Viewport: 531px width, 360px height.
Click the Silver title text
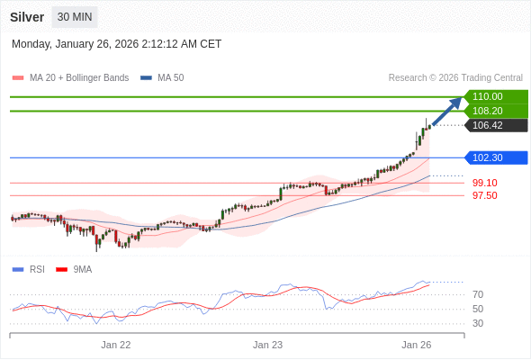(x=27, y=17)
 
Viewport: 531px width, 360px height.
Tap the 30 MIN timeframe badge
(x=75, y=17)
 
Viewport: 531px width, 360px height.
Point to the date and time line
(x=116, y=44)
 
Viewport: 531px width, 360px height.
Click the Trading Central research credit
(x=455, y=77)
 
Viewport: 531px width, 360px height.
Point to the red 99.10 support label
(x=484, y=183)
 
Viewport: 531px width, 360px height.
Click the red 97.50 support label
(x=484, y=195)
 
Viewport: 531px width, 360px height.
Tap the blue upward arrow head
(x=456, y=102)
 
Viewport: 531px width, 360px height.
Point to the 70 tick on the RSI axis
(x=478, y=294)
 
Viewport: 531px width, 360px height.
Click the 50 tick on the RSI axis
(x=478, y=309)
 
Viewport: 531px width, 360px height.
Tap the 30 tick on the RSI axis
(x=478, y=323)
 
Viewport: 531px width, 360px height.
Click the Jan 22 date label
(x=116, y=345)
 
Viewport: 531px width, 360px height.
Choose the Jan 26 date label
(x=417, y=345)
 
